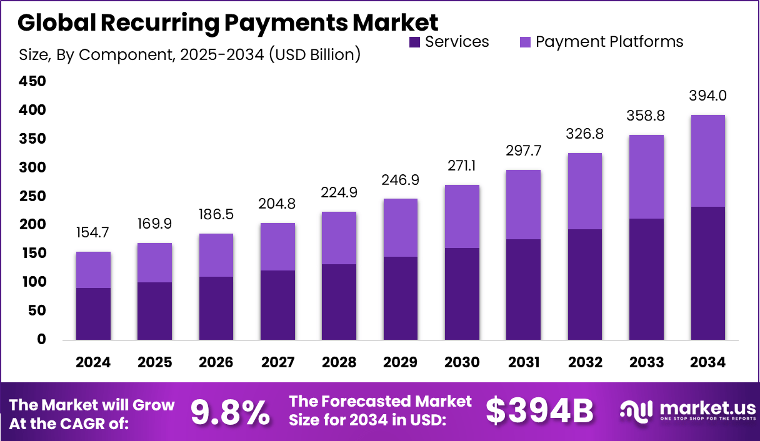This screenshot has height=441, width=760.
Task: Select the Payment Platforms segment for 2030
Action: pyautogui.click(x=462, y=216)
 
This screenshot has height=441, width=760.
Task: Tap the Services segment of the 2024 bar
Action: pyautogui.click(x=93, y=314)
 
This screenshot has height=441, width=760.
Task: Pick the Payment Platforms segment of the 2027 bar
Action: pyautogui.click(x=277, y=247)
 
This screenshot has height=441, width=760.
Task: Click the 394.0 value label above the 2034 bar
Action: pyautogui.click(x=707, y=96)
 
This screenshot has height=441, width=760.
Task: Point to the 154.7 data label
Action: pyautogui.click(x=93, y=233)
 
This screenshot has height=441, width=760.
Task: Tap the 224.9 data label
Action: pyautogui.click(x=339, y=192)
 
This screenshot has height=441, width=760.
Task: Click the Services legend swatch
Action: pyautogui.click(x=414, y=42)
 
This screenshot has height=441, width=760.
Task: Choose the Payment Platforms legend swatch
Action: pyautogui.click(x=524, y=42)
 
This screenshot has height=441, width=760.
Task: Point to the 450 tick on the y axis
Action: pyautogui.click(x=32, y=81)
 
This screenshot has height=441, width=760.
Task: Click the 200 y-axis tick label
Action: pyautogui.click(x=32, y=224)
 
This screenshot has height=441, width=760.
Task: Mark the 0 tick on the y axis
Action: pyautogui.click(x=42, y=339)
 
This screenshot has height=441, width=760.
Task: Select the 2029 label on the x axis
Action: pyautogui.click(x=401, y=363)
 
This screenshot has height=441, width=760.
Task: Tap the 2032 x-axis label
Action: pyautogui.click(x=585, y=363)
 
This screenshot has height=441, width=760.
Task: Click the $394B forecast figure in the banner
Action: pyautogui.click(x=539, y=412)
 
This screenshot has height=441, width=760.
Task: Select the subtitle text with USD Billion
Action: pyautogui.click(x=189, y=55)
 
